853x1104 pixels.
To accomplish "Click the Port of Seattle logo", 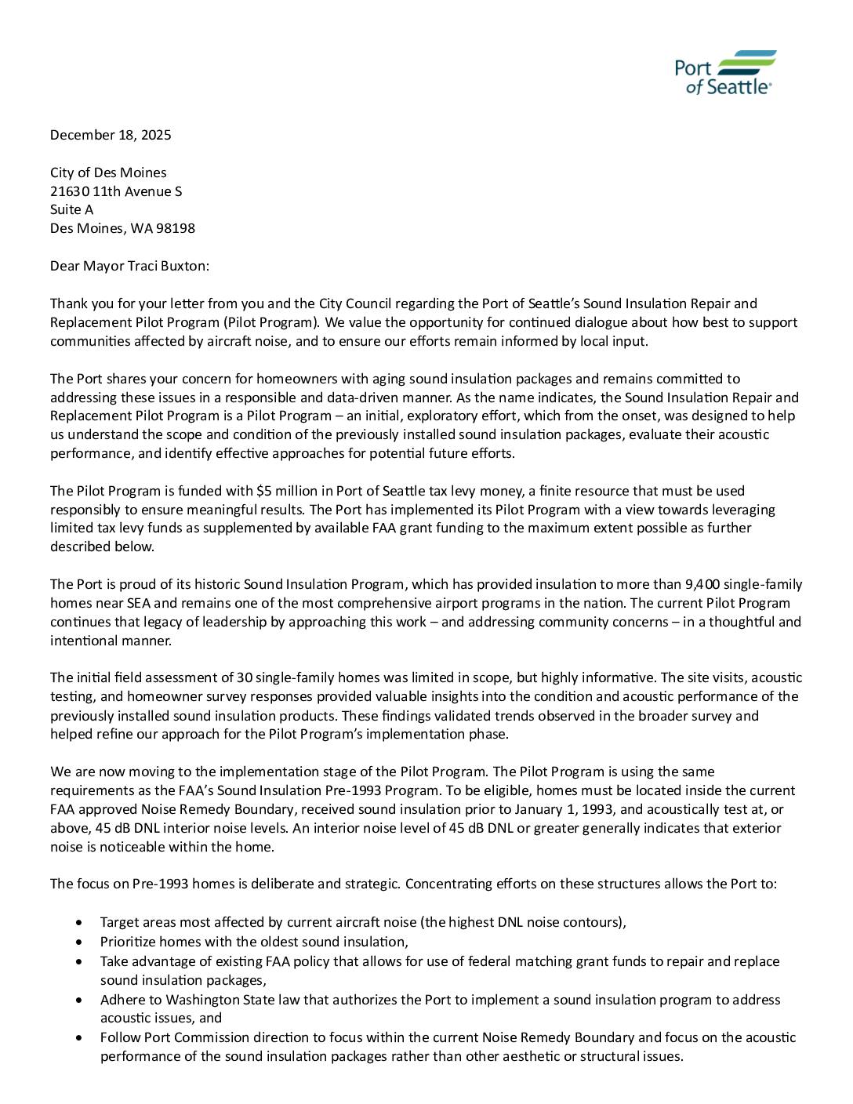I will point(725,73).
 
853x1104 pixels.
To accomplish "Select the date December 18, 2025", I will point(111,135).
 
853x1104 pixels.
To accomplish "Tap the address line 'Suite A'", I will point(71,209).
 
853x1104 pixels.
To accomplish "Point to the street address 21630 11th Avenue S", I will point(116,191).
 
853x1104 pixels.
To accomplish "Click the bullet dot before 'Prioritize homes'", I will point(80,942).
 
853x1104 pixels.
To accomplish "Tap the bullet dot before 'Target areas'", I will point(80,922).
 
